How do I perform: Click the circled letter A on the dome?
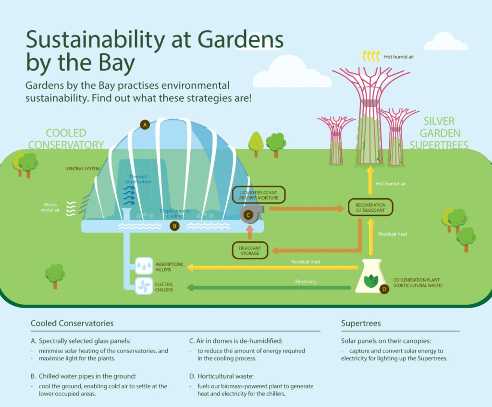145,125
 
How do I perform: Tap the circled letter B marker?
175,226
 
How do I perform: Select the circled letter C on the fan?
248,215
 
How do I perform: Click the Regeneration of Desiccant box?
370,208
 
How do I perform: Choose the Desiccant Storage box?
249,250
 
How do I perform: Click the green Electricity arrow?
269,288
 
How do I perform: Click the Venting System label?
83,168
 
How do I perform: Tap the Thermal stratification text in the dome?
140,179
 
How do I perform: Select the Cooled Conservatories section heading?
72,323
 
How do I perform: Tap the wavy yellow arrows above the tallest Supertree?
370,57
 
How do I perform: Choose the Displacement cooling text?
175,214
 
